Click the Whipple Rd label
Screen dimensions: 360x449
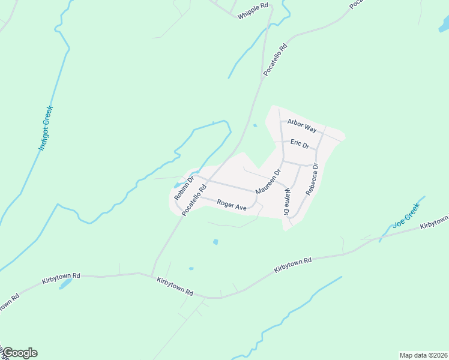coord(252,14)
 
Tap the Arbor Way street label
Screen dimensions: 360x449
coord(301,125)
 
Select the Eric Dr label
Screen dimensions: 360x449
coord(299,144)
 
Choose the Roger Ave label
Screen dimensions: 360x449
coord(232,206)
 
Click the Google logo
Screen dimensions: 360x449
coord(19,353)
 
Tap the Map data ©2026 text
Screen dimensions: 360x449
coord(423,355)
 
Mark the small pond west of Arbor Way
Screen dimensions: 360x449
coord(255,125)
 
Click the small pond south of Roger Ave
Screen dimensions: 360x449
coord(215,242)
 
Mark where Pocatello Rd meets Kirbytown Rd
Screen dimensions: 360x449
coord(152,275)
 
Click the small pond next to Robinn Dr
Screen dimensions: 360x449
coord(178,184)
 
